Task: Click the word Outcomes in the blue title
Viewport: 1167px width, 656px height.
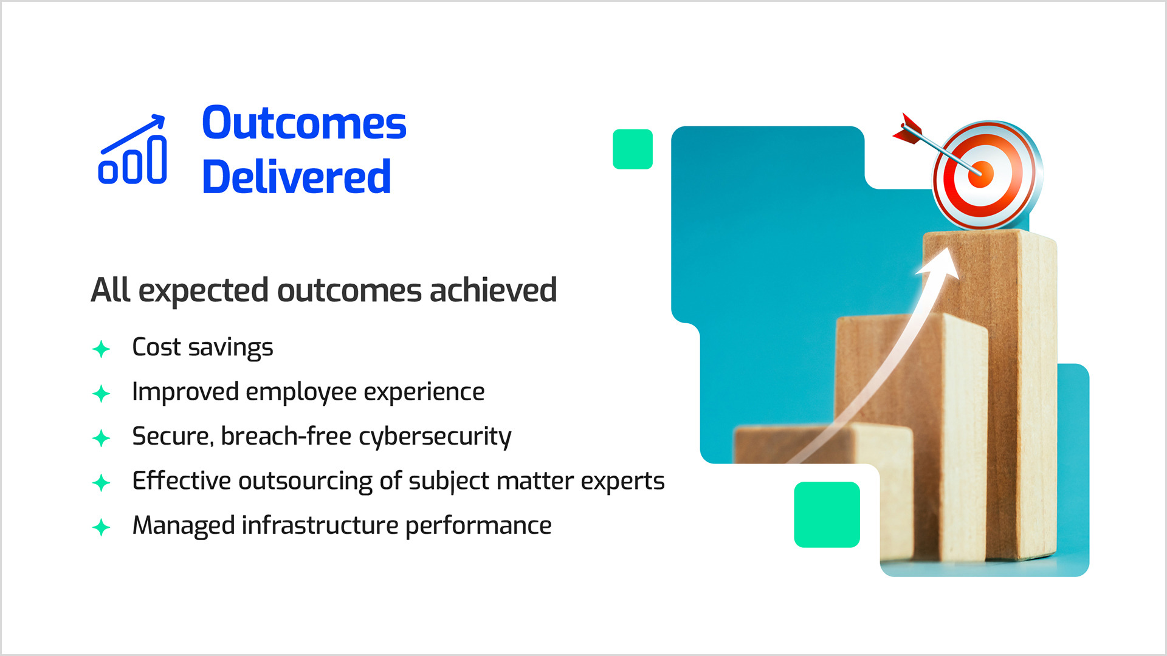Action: pos(304,123)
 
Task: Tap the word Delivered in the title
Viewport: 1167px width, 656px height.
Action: pos(296,177)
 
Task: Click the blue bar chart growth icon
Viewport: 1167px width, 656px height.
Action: pos(133,149)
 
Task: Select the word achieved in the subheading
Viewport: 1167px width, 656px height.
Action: pos(493,290)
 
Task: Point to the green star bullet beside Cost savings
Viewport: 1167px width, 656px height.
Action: pos(102,349)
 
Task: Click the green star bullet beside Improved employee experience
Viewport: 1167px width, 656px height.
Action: pos(102,394)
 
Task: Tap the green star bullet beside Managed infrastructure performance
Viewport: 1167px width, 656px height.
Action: pos(102,527)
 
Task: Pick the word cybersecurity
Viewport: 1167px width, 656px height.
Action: pos(435,437)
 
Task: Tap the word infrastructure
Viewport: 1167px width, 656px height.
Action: pos(320,525)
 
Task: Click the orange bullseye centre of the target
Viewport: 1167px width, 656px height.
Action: pos(980,174)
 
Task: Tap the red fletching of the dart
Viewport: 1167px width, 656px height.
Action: pos(907,129)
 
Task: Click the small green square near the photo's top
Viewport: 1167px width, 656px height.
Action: pos(633,149)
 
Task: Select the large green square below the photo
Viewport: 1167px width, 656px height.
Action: pos(827,514)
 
